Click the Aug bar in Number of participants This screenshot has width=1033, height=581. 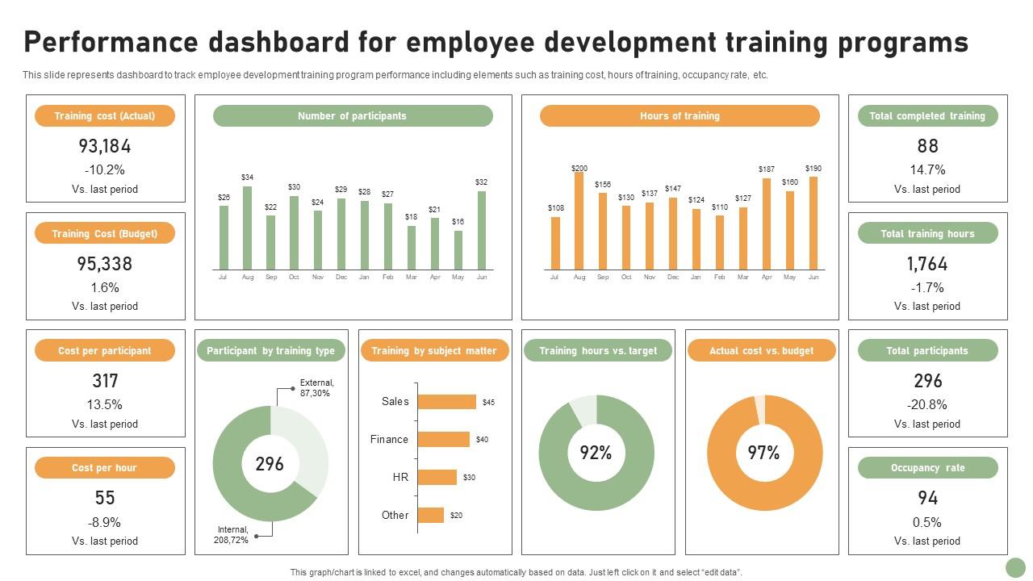[247, 228]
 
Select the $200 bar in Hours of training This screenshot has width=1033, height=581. [579, 220]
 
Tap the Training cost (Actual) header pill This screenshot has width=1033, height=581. [105, 116]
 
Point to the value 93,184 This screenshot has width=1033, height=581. [105, 146]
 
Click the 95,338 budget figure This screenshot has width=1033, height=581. [105, 264]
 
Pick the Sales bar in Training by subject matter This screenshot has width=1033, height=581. [446, 402]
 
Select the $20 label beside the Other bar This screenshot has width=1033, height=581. [456, 516]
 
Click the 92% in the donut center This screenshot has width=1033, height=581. [596, 454]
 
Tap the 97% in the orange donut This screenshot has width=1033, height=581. [763, 454]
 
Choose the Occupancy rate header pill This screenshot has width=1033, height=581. [927, 468]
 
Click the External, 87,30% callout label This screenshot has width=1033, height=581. [316, 388]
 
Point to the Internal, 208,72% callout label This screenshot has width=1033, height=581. [232, 535]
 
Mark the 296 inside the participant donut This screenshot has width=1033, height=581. [270, 464]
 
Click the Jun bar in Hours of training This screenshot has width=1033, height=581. [813, 223]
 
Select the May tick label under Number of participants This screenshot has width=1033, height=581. [458, 277]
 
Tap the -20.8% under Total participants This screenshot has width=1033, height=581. [927, 404]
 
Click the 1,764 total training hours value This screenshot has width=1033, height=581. [927, 264]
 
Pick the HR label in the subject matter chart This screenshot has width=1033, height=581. [400, 478]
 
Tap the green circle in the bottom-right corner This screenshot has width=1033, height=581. [1014, 566]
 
